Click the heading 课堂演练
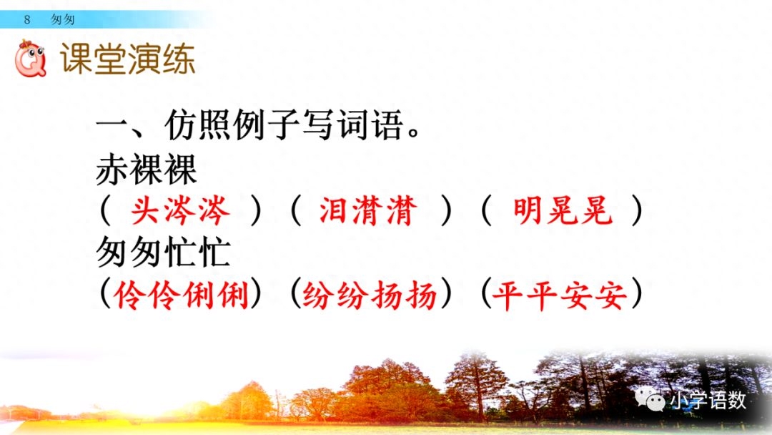127,60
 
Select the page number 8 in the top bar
27,20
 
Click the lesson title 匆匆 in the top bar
63,20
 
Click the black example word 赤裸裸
147,171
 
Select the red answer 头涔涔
180,212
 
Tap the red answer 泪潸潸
368,212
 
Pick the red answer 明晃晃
563,212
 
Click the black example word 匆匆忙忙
164,253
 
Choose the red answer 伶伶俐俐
182,294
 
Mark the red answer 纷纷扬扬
370,294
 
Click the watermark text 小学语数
707,400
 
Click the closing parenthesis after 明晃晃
636,212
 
